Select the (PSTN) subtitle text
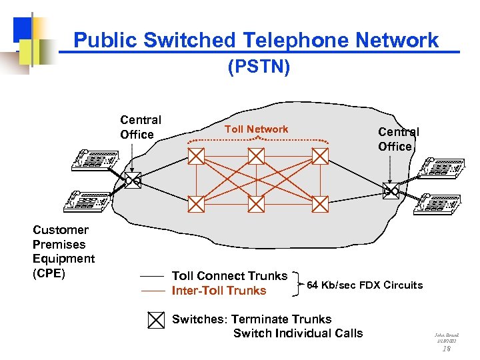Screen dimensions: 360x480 (x=259, y=67)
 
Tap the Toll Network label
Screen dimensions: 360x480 (x=257, y=129)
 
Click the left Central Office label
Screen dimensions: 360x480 (x=141, y=127)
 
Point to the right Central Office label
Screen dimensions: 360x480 (x=398, y=139)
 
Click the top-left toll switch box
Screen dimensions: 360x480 (x=196, y=156)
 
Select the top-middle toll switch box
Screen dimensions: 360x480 (x=257, y=156)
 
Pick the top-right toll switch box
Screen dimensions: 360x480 (x=321, y=156)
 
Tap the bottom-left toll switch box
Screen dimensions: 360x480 (x=196, y=204)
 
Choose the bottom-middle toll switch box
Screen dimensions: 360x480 (x=257, y=204)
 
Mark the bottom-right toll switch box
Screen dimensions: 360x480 (x=321, y=204)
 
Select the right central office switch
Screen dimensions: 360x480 (x=390, y=191)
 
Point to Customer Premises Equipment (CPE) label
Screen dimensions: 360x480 (x=63, y=251)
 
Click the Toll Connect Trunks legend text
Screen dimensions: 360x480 (x=229, y=276)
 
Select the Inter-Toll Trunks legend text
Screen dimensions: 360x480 (x=219, y=291)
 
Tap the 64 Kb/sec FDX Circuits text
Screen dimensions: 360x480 (x=364, y=285)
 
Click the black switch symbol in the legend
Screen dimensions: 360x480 (x=155, y=320)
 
